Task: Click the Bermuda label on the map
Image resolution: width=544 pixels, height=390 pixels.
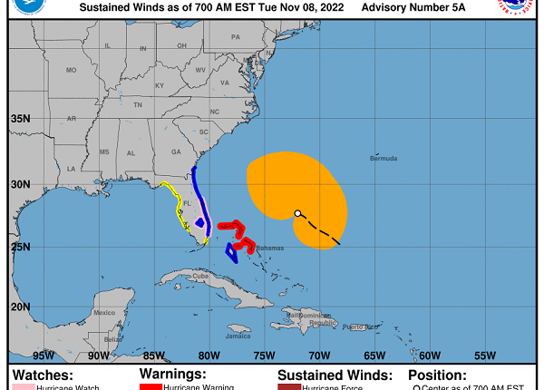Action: tap(384, 159)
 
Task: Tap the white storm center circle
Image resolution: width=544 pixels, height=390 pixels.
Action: tap(297, 214)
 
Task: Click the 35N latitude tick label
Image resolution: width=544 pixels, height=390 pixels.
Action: tap(20, 119)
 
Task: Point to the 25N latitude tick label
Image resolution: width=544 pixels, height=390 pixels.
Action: tap(20, 246)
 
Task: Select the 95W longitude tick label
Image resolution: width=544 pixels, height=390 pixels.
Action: tap(44, 356)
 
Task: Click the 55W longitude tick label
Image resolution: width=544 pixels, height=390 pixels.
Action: tap(485, 356)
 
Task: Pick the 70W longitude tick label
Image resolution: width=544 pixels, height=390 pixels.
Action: tap(319, 356)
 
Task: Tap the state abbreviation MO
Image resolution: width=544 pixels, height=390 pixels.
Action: tap(71, 70)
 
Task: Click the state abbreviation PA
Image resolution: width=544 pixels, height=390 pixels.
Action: tap(236, 37)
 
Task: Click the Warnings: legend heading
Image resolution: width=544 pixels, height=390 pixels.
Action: tap(172, 374)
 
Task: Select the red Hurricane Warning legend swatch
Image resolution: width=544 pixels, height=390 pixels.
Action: tap(150, 386)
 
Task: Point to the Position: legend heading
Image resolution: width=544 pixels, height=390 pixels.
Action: tap(438, 374)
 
